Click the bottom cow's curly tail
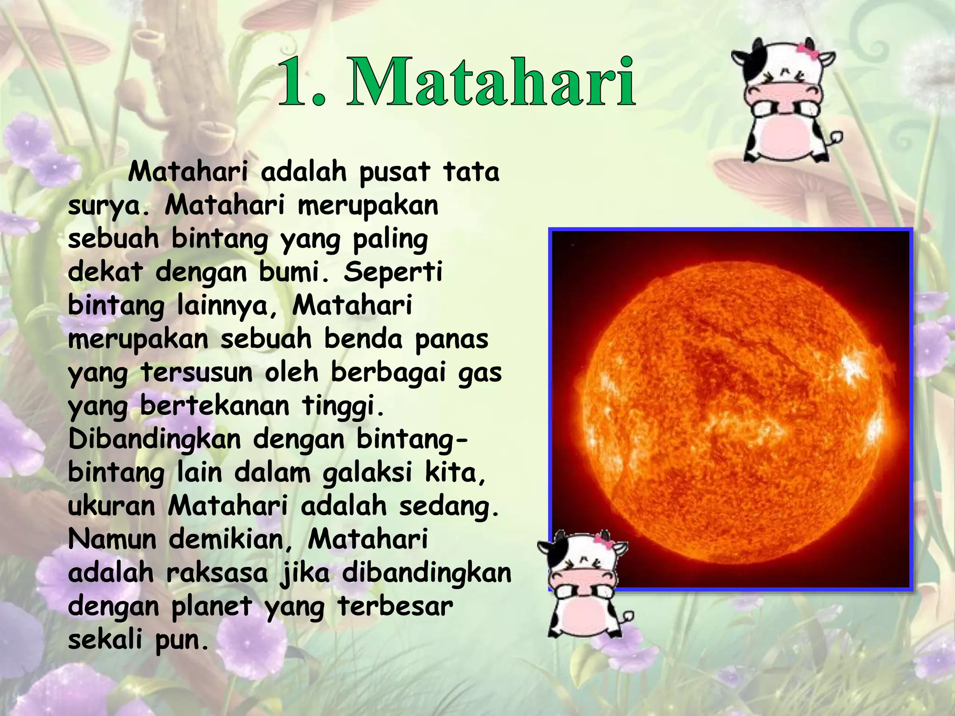tap(628, 618)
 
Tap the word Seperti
tap(393, 273)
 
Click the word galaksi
tap(367, 473)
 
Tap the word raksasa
tap(217, 573)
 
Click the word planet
tap(211, 606)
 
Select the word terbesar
tap(395, 606)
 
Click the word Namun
tap(112, 539)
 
